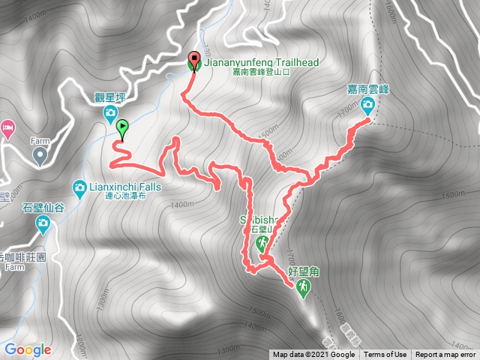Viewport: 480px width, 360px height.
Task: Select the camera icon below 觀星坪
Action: pyautogui.click(x=110, y=113)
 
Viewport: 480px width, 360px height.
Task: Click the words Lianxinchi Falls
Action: pyautogui.click(x=122, y=185)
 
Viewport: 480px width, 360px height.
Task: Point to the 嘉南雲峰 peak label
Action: pyautogui.click(x=367, y=89)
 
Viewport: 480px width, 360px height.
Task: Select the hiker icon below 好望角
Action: pyautogui.click(x=303, y=287)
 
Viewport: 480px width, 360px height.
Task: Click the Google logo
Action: pyautogui.click(x=28, y=349)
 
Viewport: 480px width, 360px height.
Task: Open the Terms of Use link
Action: pyautogui.click(x=385, y=355)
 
